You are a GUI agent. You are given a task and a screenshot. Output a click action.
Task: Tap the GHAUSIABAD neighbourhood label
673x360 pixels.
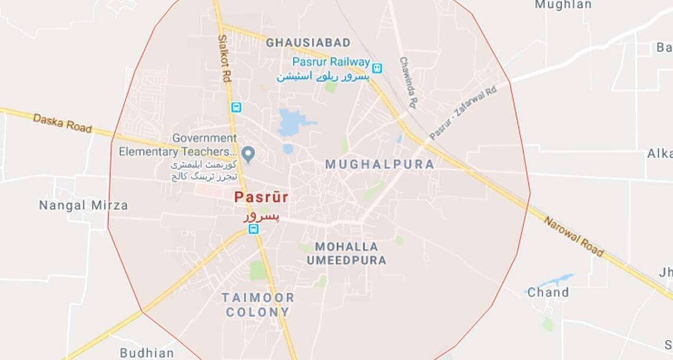(308, 42)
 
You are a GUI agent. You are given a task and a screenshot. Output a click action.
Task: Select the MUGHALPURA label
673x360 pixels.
(380, 165)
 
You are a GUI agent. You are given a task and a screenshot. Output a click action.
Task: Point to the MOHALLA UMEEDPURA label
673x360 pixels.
(347, 253)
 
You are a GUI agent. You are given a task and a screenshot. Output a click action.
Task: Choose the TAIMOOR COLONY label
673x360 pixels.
(257, 304)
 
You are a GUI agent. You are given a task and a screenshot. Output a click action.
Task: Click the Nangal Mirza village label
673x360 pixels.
(83, 205)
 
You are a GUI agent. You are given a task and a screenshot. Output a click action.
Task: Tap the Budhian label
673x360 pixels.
(147, 353)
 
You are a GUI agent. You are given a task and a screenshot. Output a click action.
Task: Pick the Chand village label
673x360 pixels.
(548, 292)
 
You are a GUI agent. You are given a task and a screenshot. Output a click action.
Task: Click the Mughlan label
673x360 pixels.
(563, 5)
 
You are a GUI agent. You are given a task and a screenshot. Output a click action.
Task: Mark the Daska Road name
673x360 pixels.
(63, 123)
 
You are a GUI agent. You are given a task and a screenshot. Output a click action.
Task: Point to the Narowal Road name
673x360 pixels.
(573, 236)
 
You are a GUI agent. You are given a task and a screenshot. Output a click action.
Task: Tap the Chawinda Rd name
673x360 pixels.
(409, 83)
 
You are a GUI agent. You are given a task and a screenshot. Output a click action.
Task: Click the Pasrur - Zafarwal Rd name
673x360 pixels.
(463, 112)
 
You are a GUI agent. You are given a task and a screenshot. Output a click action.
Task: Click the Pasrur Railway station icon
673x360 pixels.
(377, 68)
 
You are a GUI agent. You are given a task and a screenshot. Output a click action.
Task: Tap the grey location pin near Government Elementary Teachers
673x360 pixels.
(249, 155)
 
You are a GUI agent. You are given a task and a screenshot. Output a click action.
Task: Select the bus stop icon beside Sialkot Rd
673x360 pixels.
(236, 107)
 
